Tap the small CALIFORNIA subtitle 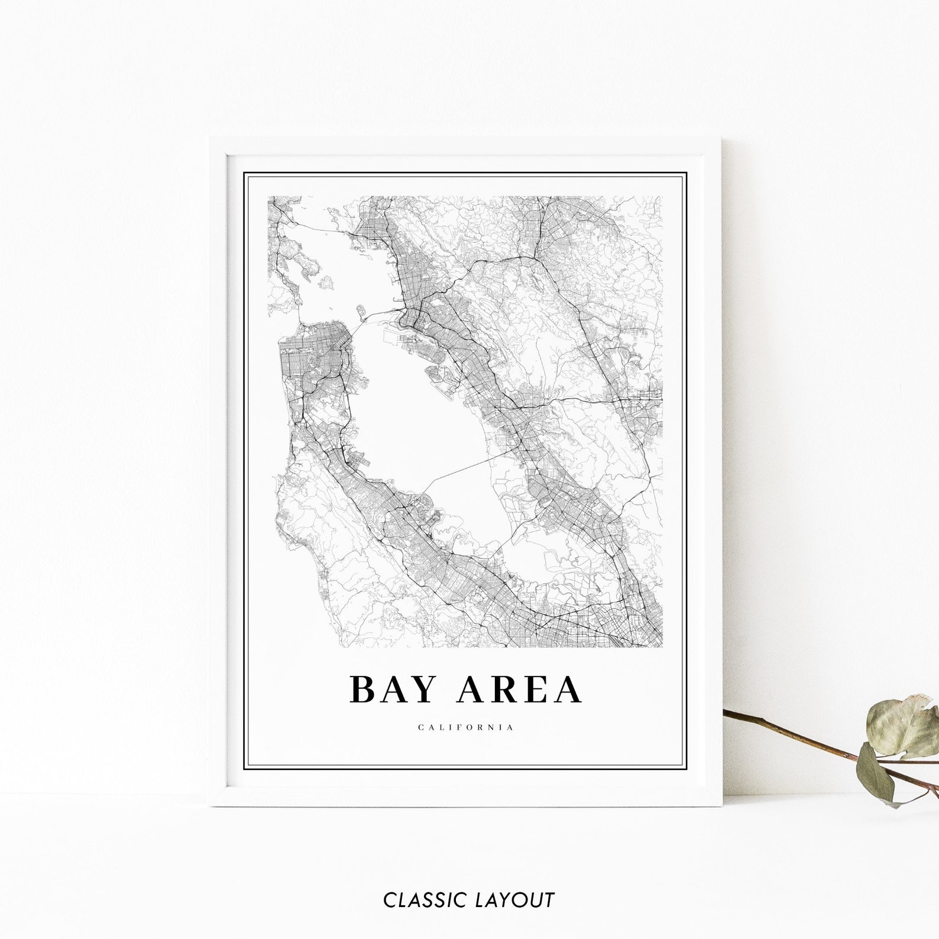point(466,727)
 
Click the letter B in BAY point(362,690)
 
